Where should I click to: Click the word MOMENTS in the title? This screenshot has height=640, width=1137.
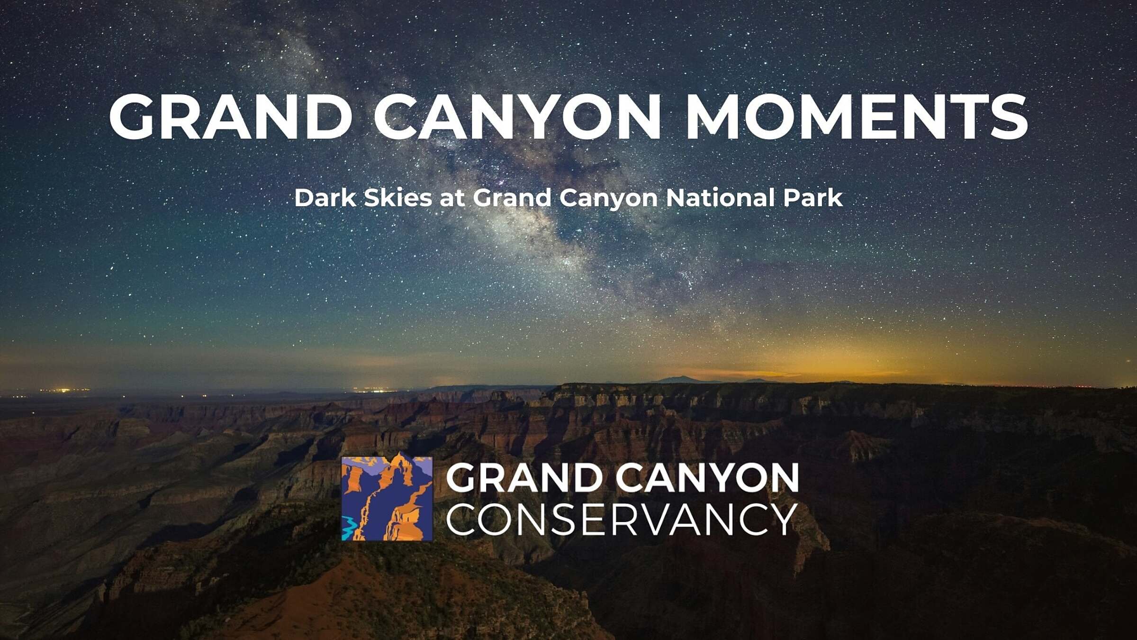pos(857,117)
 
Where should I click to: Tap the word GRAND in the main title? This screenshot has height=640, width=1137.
pos(231,117)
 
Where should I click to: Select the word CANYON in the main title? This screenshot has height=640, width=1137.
pos(517,117)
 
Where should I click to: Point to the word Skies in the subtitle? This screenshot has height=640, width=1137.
pos(397,198)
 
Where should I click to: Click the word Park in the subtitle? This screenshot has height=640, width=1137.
pos(813,198)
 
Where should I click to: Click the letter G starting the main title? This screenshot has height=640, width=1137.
pos(132,117)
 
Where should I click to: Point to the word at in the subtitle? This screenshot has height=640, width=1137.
pos(452,198)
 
